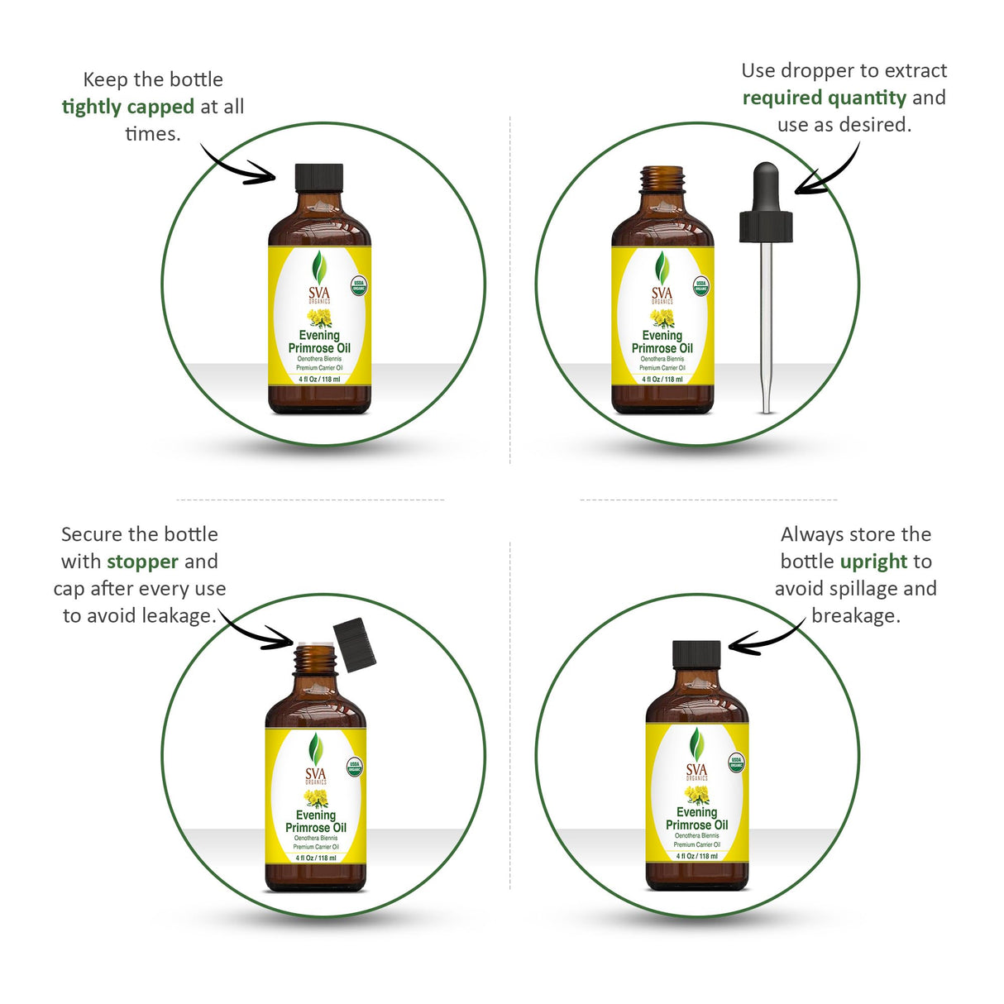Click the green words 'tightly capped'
(128, 107)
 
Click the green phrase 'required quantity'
(824, 98)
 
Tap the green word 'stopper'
(142, 562)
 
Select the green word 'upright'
(873, 562)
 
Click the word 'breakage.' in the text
(855, 616)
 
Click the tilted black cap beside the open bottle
(355, 644)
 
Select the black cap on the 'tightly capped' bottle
(319, 176)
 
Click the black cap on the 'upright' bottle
(696, 653)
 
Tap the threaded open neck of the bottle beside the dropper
(662, 179)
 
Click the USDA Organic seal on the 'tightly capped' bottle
(359, 287)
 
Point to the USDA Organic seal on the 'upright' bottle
(736, 763)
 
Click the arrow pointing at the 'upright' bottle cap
(765, 638)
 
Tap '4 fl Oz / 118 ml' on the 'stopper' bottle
(316, 858)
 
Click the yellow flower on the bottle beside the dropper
(662, 318)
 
